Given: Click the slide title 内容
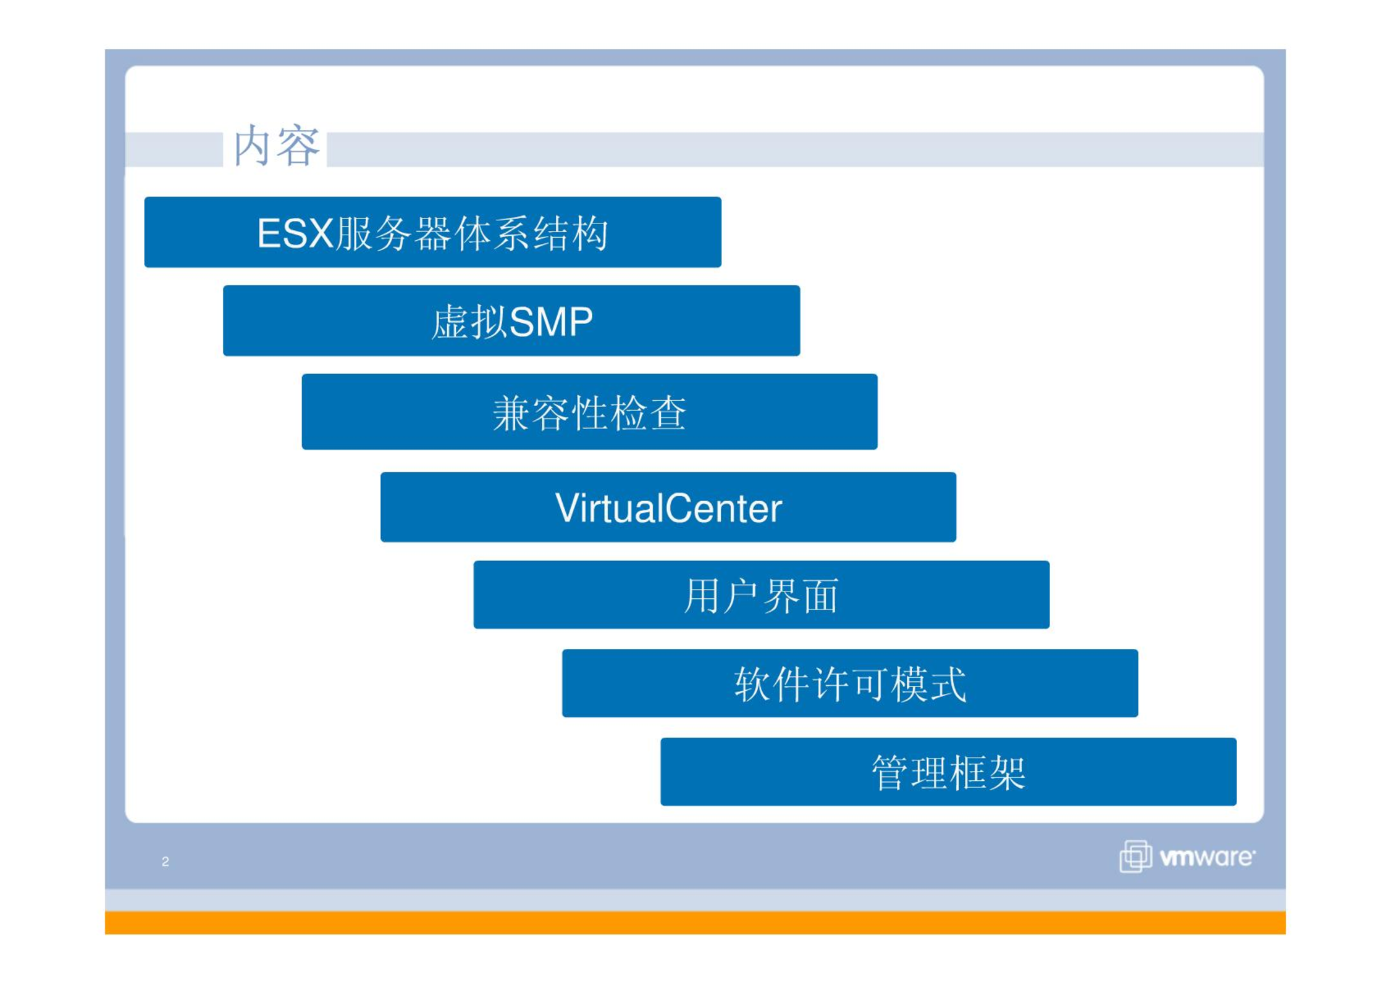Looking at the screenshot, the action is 276,146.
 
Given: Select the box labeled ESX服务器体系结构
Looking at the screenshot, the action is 432,232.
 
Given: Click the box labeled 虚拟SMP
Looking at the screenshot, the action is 511,320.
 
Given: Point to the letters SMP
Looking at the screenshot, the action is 551,322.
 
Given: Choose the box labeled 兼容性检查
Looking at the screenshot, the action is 589,412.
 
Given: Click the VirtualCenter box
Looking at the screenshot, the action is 668,507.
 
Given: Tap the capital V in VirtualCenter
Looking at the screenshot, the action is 568,507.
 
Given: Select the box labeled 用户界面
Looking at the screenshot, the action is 761,594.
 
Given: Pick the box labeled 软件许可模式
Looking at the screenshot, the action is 850,683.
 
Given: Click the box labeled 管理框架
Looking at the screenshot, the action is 948,772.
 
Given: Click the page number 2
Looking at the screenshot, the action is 166,861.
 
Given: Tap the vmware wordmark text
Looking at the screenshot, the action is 1207,857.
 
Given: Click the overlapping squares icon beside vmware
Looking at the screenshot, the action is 1135,856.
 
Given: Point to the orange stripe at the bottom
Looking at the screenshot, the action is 695,922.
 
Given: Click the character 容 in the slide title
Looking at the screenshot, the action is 298,146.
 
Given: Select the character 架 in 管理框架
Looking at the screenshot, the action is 1007,772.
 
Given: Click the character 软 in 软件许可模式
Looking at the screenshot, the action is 752,684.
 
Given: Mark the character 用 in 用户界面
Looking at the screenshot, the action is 703,596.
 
